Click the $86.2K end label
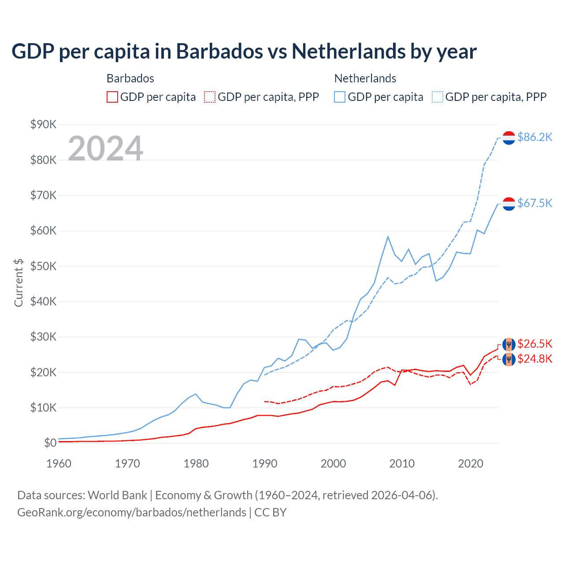(x=534, y=137)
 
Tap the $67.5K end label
(x=534, y=203)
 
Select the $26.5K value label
(x=534, y=344)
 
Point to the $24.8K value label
(x=534, y=359)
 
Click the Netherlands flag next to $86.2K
(x=509, y=137)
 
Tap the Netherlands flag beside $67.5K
(x=509, y=204)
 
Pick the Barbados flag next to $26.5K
(x=509, y=344)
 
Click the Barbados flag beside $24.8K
(x=509, y=359)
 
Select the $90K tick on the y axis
(x=44, y=124)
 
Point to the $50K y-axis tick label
(x=44, y=266)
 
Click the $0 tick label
(x=50, y=443)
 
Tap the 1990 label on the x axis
(x=265, y=464)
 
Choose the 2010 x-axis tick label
(x=402, y=464)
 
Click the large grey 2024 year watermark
(x=105, y=148)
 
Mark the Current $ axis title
(x=19, y=282)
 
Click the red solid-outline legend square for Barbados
(x=112, y=97)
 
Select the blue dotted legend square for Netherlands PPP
(x=438, y=97)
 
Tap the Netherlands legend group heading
(x=365, y=78)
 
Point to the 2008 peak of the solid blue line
(x=388, y=237)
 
